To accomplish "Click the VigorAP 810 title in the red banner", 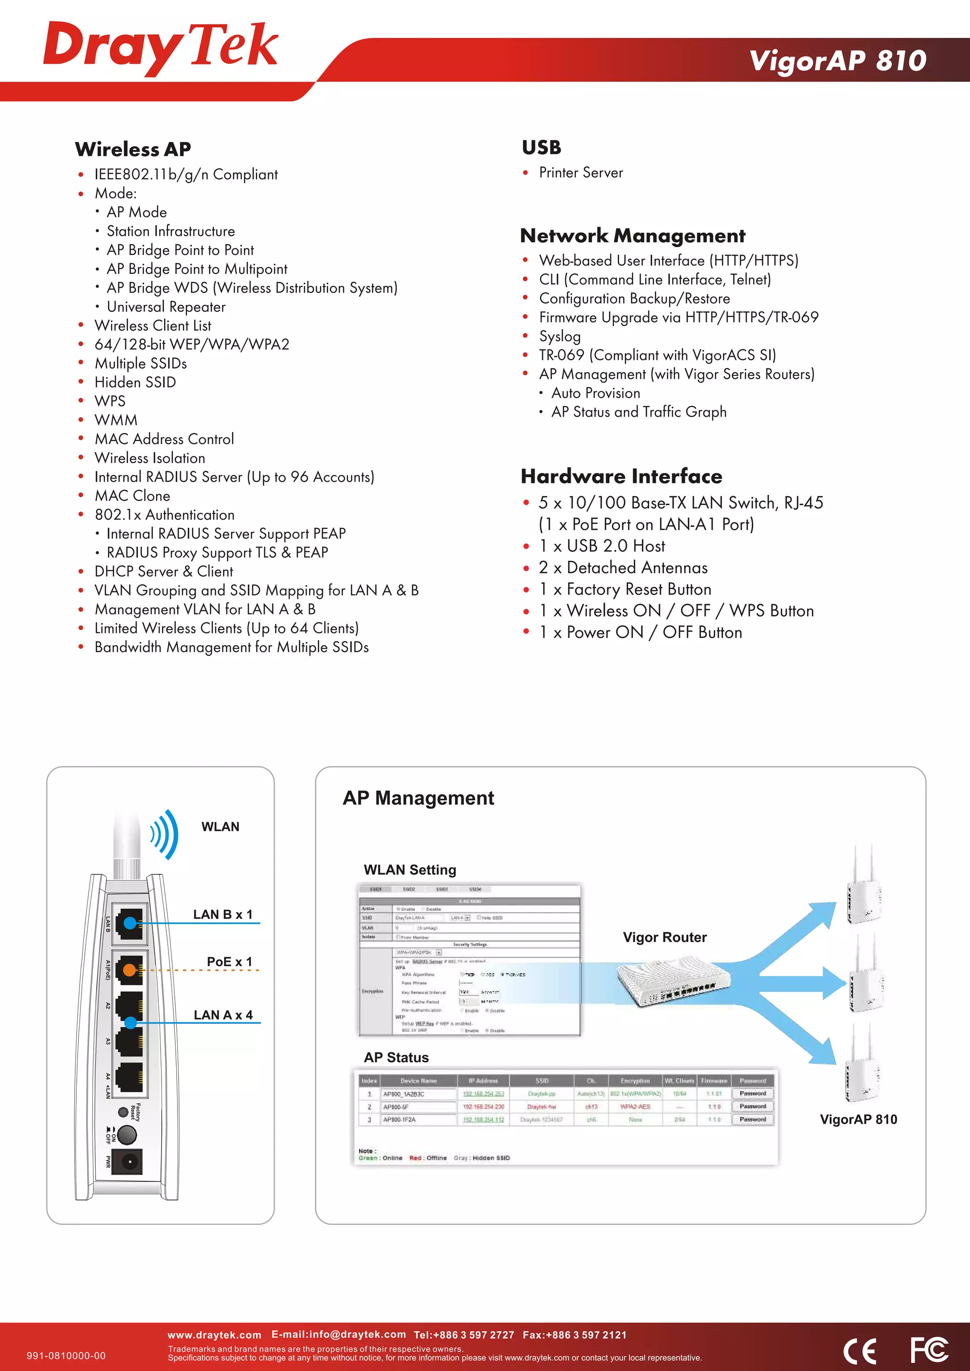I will [x=837, y=60].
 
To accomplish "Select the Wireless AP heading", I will [x=133, y=149].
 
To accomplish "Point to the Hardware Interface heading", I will [x=621, y=476].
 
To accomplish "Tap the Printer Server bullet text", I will [x=581, y=173].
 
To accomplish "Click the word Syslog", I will [x=560, y=336].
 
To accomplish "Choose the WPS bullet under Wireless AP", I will [x=110, y=401].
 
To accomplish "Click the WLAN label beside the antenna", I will [x=220, y=827].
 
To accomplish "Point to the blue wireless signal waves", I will [x=165, y=834].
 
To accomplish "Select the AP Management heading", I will [x=418, y=798].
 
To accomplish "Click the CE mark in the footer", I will [x=860, y=1351].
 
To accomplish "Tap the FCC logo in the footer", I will [x=928, y=1350].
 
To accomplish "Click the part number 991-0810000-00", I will [x=66, y=1355].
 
